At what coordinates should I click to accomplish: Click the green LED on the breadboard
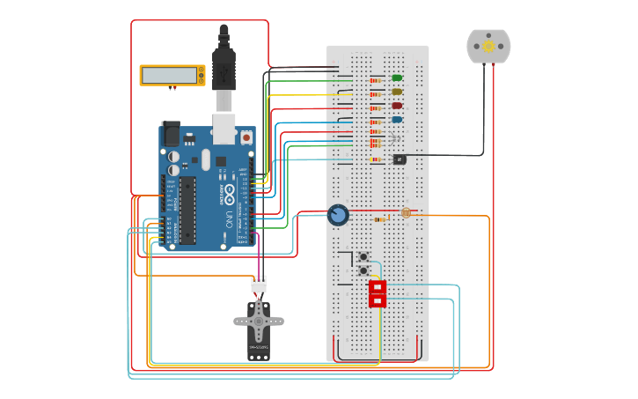(x=397, y=78)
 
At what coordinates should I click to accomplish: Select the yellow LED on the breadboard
(x=397, y=92)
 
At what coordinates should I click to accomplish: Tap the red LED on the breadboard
(x=397, y=106)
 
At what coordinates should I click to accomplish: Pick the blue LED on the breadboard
(x=397, y=119)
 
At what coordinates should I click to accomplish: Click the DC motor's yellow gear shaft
(x=488, y=46)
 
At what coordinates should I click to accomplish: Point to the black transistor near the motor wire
(x=400, y=159)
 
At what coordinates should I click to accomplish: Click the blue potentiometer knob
(x=338, y=215)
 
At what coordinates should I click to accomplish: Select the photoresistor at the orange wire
(x=406, y=212)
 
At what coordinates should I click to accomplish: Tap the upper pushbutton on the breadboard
(x=363, y=256)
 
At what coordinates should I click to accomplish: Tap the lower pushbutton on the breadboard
(x=363, y=270)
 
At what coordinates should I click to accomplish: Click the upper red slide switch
(x=378, y=287)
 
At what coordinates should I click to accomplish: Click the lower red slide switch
(x=378, y=300)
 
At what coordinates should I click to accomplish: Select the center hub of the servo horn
(x=259, y=321)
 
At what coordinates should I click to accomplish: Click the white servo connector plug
(x=259, y=284)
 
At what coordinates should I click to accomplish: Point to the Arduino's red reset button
(x=246, y=137)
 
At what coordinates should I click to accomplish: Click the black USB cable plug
(x=224, y=66)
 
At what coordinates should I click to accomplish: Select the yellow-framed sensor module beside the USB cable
(x=172, y=75)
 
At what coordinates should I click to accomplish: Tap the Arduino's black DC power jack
(x=171, y=133)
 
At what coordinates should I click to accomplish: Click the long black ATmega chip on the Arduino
(x=187, y=211)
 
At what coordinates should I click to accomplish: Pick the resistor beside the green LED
(x=376, y=80)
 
